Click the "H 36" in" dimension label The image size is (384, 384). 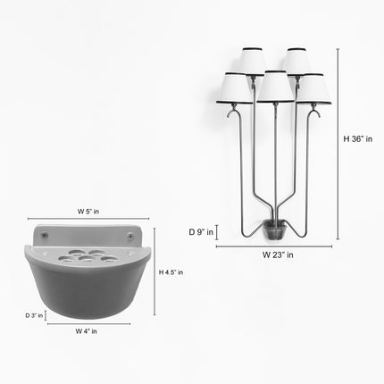[358, 139]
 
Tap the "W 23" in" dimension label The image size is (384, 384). [278, 255]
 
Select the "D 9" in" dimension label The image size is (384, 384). [201, 232]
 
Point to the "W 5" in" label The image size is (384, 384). [88, 212]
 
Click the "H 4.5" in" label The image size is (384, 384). [171, 272]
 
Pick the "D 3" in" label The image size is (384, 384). [34, 315]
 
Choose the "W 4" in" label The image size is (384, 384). [86, 331]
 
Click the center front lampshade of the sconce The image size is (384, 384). [275, 87]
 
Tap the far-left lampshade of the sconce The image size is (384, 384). [234, 88]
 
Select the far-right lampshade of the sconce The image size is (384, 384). [313, 88]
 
